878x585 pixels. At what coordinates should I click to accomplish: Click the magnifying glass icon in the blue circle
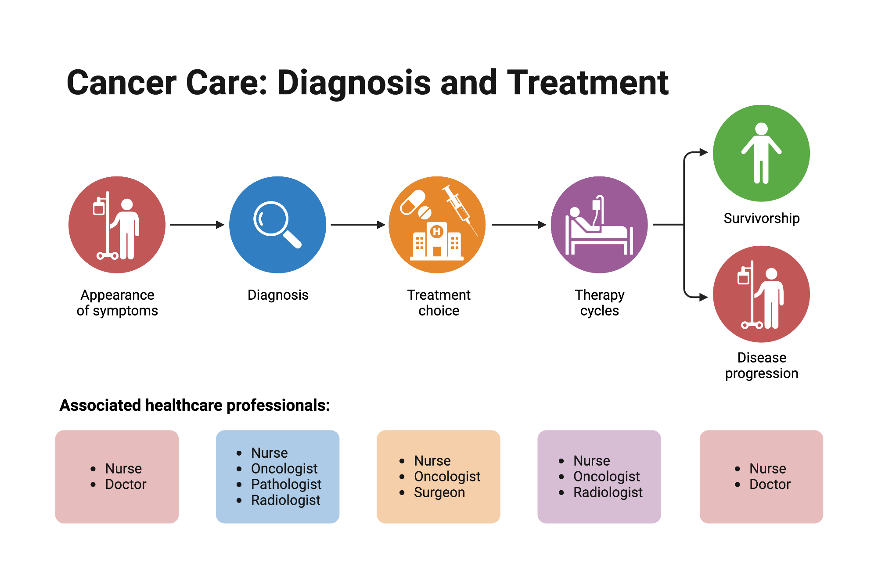(277, 224)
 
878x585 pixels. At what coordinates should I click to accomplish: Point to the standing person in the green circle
(761, 153)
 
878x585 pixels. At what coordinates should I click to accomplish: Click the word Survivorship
(762, 218)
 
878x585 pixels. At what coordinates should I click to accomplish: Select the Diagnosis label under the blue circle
(278, 295)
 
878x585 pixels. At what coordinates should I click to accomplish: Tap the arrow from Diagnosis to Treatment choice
(358, 225)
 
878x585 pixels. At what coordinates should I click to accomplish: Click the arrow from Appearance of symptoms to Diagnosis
(197, 225)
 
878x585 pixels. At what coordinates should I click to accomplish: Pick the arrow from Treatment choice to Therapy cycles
(519, 225)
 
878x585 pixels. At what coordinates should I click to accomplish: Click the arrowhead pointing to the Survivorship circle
(704, 152)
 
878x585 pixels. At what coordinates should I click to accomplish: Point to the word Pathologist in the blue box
(286, 484)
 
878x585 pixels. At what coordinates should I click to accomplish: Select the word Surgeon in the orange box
(439, 492)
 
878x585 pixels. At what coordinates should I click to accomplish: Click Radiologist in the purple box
(608, 492)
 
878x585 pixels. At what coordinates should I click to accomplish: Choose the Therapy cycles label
(600, 303)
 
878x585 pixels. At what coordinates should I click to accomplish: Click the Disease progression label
(762, 365)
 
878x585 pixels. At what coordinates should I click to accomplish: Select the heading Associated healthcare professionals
(195, 405)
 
